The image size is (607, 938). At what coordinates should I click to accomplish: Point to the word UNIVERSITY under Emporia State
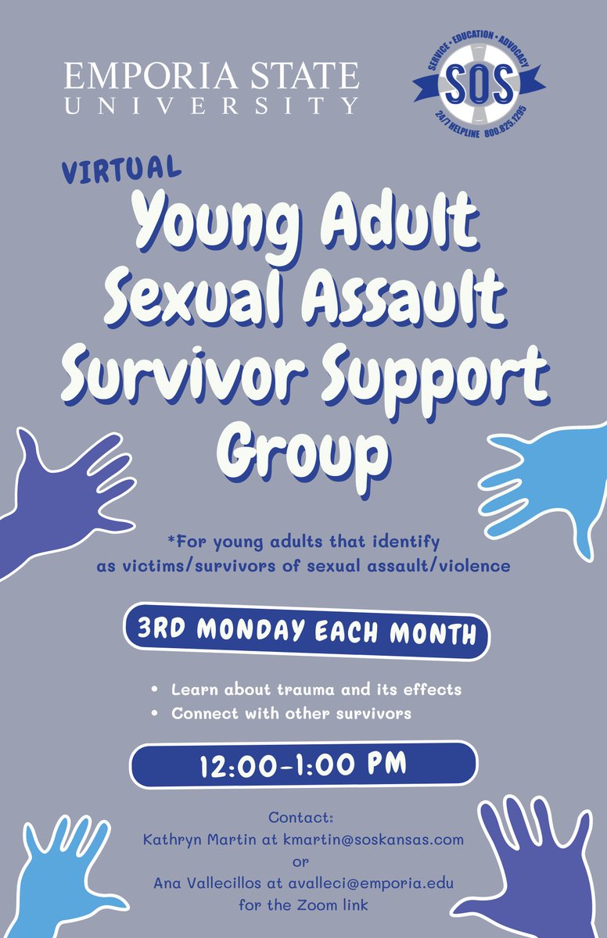(x=211, y=105)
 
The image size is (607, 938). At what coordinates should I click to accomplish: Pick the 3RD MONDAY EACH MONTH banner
(x=306, y=632)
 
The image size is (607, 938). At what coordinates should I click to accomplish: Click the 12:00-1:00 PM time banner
(x=303, y=764)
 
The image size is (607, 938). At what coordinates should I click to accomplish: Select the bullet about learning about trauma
(x=316, y=690)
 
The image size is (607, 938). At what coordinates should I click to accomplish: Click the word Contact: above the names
(x=301, y=818)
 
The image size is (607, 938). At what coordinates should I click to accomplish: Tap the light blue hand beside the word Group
(x=543, y=485)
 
